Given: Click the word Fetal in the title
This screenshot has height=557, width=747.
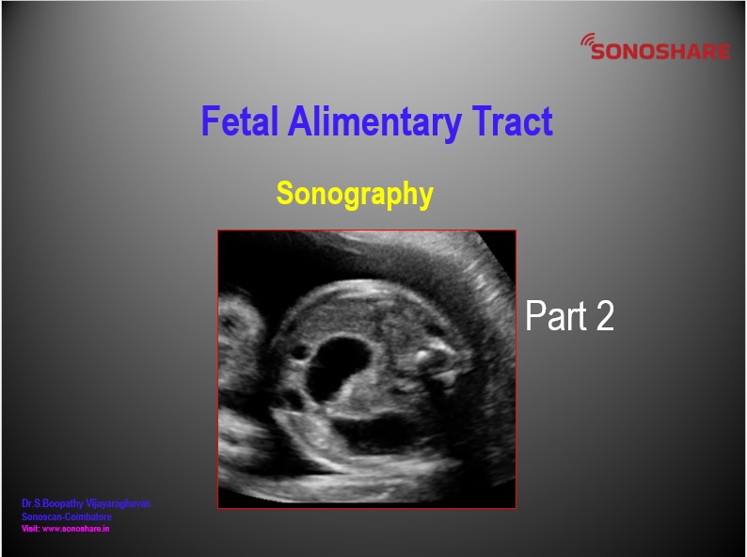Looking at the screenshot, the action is tap(240, 121).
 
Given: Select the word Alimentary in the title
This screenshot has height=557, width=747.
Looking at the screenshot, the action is tap(374, 123).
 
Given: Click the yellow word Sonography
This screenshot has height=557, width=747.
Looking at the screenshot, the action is tap(355, 194).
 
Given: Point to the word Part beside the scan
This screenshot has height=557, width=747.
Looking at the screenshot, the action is tap(555, 315).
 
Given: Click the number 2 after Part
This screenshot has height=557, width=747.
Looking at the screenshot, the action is tap(605, 315).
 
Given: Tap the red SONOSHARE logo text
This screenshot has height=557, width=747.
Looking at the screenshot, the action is tap(660, 52).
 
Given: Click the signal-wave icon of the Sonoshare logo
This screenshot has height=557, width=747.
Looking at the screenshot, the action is tap(587, 40).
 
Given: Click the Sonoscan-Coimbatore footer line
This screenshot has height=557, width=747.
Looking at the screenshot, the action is tap(67, 517).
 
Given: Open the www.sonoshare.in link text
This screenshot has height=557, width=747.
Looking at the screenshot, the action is tap(76, 529).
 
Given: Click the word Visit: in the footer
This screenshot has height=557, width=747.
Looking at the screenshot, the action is tap(31, 529).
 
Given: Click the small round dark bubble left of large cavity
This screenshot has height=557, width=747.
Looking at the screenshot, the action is tap(299, 353).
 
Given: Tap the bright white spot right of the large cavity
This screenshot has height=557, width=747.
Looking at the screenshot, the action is tap(422, 354).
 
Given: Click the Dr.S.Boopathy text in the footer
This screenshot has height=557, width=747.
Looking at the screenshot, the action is tap(53, 503).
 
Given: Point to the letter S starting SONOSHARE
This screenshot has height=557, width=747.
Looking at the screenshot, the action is tap(597, 52).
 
